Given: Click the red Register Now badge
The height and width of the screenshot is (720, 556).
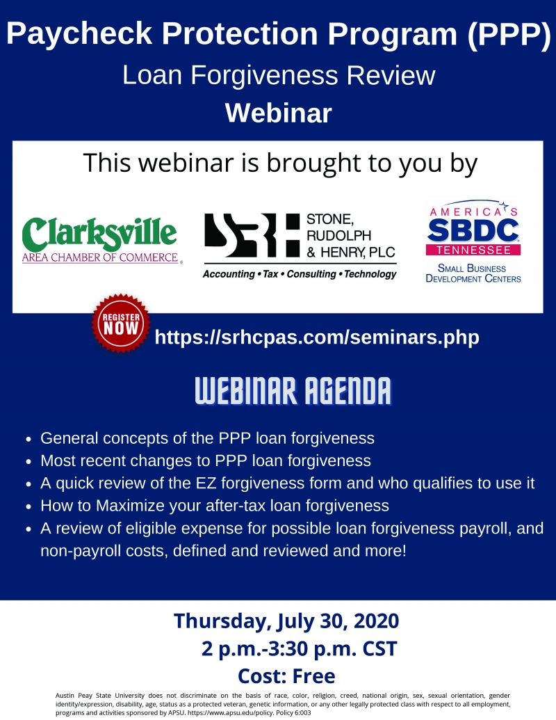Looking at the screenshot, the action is tap(121, 323).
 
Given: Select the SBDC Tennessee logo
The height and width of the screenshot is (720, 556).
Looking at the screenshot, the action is tap(473, 242).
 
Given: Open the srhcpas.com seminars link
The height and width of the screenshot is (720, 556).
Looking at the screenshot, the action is tap(317, 337).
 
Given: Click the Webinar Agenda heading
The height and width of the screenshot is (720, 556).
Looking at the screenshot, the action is tap(293, 391).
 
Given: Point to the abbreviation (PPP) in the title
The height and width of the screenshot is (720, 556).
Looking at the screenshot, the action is tap(509, 33).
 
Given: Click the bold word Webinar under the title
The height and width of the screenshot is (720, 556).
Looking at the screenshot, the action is tap(279, 113).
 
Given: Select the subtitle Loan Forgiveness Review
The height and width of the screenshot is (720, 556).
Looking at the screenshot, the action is tap(279, 75).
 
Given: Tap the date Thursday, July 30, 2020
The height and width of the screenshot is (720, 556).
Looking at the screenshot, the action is tap(286, 621).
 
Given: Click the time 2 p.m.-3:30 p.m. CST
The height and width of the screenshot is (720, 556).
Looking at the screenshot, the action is tap(299, 649).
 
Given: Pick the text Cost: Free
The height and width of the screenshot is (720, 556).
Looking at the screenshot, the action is tap(286, 676).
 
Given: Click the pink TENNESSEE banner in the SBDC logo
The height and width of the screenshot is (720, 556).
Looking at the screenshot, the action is tap(473, 250).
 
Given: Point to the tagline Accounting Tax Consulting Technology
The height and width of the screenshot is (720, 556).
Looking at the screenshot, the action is tap(300, 274).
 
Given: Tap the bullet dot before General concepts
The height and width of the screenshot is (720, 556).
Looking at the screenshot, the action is tap(28, 440).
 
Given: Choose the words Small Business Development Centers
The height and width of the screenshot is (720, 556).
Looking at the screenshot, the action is tap(473, 273).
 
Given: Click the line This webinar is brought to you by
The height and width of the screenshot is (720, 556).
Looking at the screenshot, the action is tap(280, 163).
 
